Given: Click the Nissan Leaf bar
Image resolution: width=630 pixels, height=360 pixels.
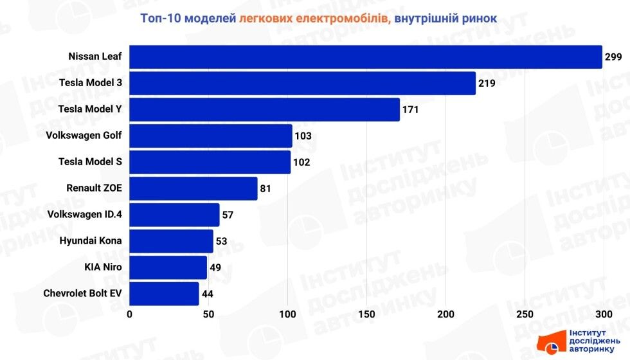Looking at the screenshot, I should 365,57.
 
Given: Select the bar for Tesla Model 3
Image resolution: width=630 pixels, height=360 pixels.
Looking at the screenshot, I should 302,83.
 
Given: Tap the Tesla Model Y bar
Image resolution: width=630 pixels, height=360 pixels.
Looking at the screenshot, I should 264,109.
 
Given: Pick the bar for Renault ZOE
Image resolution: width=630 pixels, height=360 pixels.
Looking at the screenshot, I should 194,188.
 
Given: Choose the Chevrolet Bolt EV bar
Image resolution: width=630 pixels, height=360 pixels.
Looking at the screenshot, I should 164,294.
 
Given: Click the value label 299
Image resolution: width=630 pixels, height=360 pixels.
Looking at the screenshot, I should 613,57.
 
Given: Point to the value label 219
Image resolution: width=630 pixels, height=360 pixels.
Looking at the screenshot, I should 487,84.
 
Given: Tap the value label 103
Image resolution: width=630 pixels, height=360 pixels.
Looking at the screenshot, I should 303,136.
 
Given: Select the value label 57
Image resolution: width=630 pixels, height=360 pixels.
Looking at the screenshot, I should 228,215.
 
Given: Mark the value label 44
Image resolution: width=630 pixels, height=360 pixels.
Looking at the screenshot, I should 207,294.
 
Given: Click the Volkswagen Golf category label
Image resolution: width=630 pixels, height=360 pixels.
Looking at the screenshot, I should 84,136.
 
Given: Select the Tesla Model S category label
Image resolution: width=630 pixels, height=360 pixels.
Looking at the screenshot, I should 90,162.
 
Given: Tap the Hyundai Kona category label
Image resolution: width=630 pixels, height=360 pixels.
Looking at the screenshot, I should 90,241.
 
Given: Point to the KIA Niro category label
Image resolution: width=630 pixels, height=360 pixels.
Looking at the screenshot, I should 103,267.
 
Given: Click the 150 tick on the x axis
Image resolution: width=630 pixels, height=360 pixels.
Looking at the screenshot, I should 366,314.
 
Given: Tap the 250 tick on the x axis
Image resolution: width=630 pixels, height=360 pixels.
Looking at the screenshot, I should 525,314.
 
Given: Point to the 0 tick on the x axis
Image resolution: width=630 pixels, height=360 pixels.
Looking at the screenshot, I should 130,314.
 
